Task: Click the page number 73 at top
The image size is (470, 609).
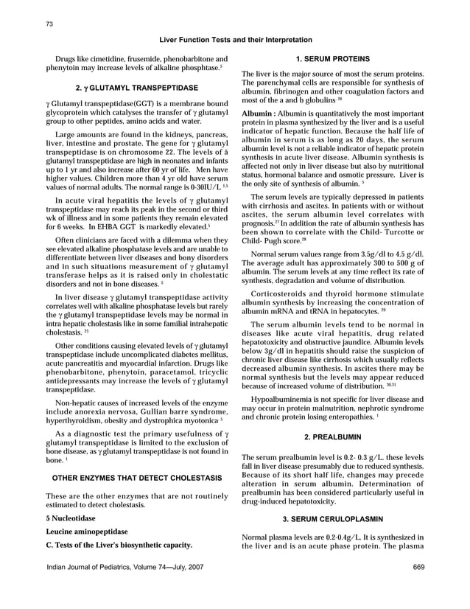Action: [x=49, y=24]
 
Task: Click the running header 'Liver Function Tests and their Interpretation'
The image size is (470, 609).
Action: [x=235, y=40]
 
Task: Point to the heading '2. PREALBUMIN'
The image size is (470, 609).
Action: [x=332, y=436]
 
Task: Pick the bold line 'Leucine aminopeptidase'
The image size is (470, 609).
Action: [x=87, y=532]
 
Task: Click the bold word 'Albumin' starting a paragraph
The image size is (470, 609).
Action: [x=258, y=113]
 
